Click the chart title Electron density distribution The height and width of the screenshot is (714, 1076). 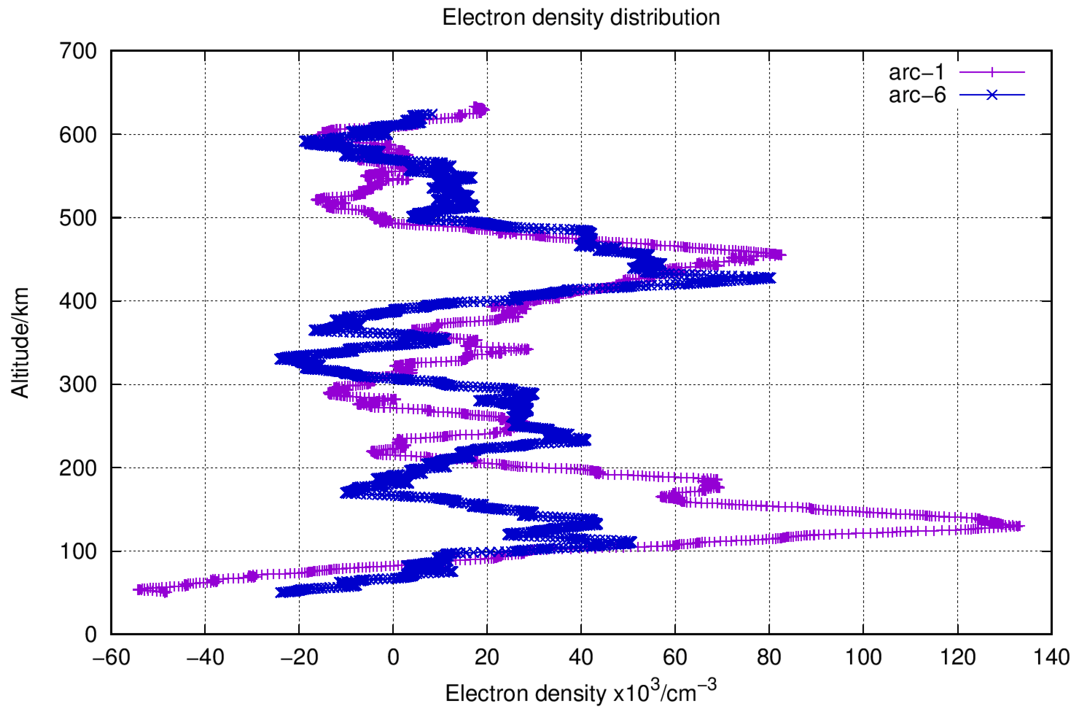pos(581,18)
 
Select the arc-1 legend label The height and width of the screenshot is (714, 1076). pos(917,72)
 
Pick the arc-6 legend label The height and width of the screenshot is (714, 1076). pos(917,95)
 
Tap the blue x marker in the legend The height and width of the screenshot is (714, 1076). pos(992,95)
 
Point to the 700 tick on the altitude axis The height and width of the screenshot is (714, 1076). pos(78,51)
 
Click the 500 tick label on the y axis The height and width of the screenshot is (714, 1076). pos(78,218)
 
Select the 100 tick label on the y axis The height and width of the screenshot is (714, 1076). pos(78,551)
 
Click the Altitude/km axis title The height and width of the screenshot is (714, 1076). pos(20,342)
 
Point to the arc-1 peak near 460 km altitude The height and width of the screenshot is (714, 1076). pos(779,255)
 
